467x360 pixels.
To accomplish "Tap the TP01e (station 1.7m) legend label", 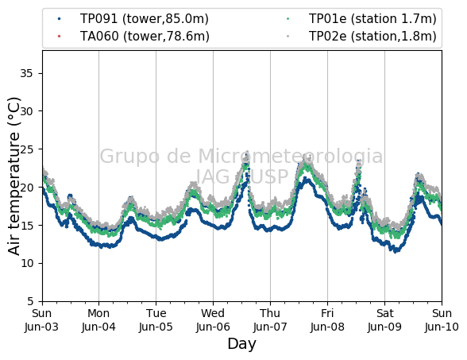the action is (372, 19).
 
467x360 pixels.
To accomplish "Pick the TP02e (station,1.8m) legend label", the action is (372, 37).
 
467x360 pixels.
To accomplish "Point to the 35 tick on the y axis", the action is (26, 73).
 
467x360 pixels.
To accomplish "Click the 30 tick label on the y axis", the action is (26, 111).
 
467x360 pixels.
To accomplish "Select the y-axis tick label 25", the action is (26, 149).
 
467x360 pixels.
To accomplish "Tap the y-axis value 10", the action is (27, 263).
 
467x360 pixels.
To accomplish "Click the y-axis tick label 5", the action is (30, 301).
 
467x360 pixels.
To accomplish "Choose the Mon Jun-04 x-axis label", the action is (98, 320).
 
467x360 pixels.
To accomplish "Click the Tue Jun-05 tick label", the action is (156, 320).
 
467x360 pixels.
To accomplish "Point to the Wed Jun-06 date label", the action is (213, 320).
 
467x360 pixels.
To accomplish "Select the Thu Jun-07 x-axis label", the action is (270, 320).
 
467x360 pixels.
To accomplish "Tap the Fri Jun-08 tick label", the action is (327, 320).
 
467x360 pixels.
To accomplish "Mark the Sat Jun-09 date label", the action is (384, 320).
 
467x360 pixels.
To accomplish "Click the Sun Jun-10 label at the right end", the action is (442, 320).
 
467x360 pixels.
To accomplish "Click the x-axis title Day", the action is (241, 345).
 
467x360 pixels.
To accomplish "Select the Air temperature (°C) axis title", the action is (14, 176).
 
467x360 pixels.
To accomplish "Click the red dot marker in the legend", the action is (59, 37).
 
